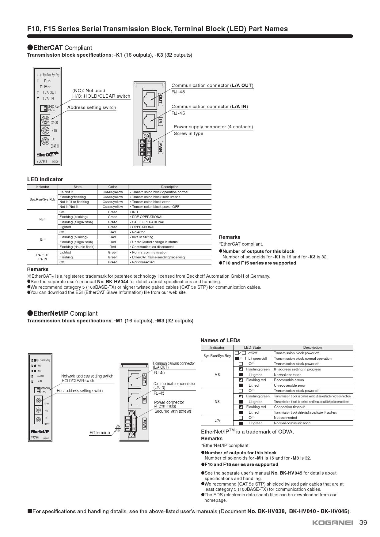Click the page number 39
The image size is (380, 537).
(363, 523)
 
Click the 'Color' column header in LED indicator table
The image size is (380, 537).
(112, 187)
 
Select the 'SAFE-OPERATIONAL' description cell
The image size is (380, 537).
(148, 222)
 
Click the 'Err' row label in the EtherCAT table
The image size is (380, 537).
(42, 239)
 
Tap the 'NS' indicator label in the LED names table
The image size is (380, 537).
(217, 402)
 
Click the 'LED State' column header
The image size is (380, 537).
(252, 347)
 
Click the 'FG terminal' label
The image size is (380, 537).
(100, 433)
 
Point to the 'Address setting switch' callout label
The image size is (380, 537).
(92, 107)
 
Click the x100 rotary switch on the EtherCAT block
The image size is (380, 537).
(45, 120)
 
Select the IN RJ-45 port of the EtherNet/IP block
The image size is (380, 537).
(134, 400)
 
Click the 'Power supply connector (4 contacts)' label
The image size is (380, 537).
(213, 127)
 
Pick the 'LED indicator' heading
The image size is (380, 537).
(45, 179)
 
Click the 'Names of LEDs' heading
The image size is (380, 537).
(220, 340)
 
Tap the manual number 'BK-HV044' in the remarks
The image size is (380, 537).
(117, 282)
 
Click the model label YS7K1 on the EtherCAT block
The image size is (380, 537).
(42, 161)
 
